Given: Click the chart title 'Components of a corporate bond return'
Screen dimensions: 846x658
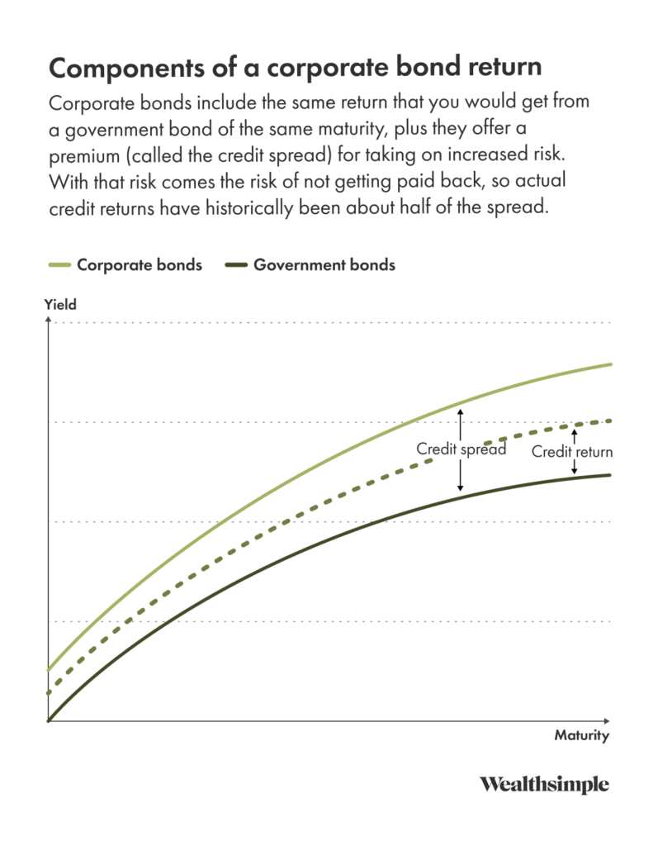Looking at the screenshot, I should pyautogui.click(x=291, y=68).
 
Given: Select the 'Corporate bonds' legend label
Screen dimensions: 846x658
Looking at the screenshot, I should pyautogui.click(x=139, y=265).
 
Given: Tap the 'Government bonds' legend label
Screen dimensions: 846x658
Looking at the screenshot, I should pyautogui.click(x=324, y=265).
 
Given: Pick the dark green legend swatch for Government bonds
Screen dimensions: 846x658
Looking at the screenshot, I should pyautogui.click(x=234, y=265).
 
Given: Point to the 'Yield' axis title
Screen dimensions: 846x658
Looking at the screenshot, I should pyautogui.click(x=60, y=305).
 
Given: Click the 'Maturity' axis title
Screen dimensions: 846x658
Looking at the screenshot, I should pyautogui.click(x=581, y=735).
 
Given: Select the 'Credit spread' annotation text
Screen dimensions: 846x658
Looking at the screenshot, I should pyautogui.click(x=461, y=449).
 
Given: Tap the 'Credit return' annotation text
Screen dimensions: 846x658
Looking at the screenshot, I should pyautogui.click(x=572, y=452).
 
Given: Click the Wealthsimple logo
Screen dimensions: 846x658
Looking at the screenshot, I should pyautogui.click(x=544, y=784).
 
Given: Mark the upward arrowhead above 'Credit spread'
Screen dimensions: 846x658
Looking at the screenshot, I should pyautogui.click(x=462, y=411).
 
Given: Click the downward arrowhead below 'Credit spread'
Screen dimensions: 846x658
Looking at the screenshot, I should pyautogui.click(x=462, y=489).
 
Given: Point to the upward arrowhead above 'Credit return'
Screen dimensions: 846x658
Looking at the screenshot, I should pyautogui.click(x=575, y=430).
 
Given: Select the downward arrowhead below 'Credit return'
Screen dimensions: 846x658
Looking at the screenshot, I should pyautogui.click(x=575, y=471).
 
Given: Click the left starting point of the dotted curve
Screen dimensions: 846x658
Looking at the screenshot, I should pyautogui.click(x=50, y=692).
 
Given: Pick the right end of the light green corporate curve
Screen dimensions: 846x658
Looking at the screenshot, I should pyautogui.click(x=610, y=364).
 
